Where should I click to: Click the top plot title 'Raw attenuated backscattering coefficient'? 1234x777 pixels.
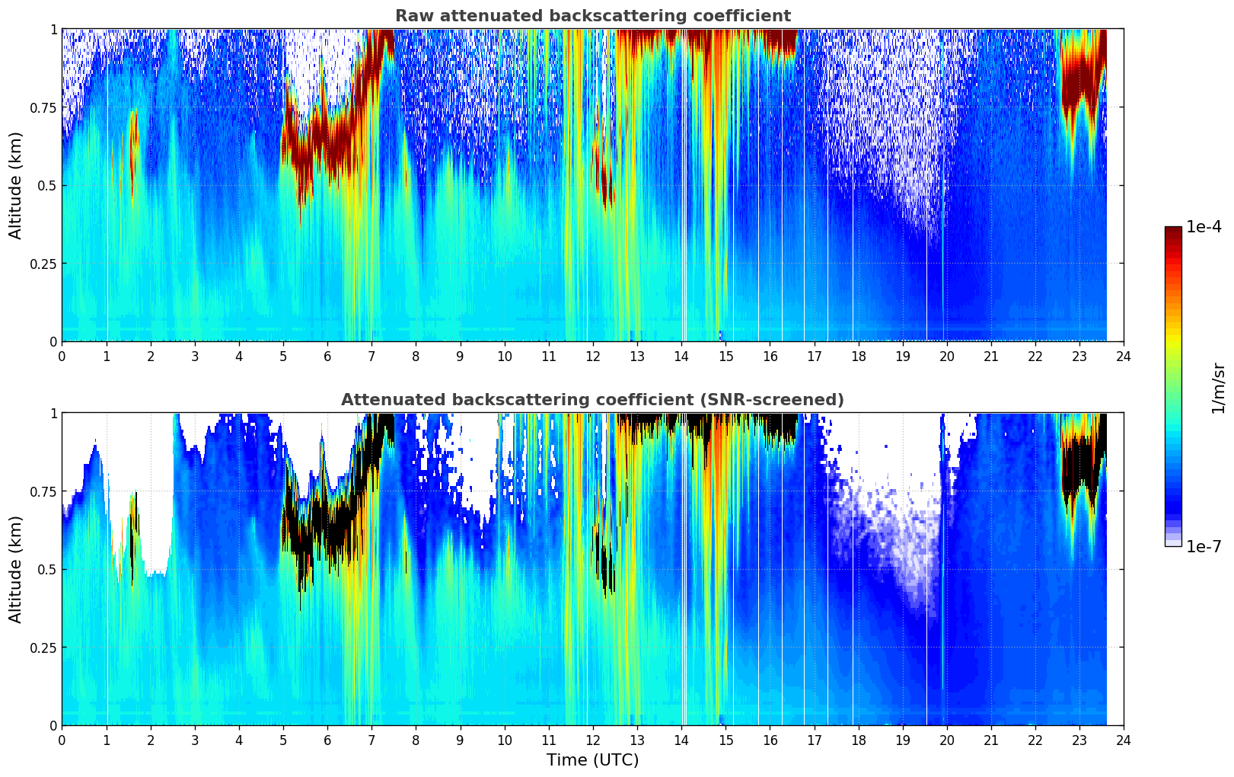592,16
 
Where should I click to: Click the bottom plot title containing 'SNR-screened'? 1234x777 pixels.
592,400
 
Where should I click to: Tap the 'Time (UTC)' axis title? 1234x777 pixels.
592,759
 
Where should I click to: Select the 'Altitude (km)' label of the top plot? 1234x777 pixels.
16,185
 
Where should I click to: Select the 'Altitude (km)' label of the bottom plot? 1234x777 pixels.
16,569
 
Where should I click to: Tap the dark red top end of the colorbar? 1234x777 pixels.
1172,231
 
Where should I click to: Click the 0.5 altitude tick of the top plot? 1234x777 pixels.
49,186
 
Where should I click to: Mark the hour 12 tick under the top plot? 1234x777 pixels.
593,357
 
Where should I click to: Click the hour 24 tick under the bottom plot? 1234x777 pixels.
1124,740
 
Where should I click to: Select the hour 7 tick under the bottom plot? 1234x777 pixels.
371,740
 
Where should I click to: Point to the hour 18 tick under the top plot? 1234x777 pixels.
858,357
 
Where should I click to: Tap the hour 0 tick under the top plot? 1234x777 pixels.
62,357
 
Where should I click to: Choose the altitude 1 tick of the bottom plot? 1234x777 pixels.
53,413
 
